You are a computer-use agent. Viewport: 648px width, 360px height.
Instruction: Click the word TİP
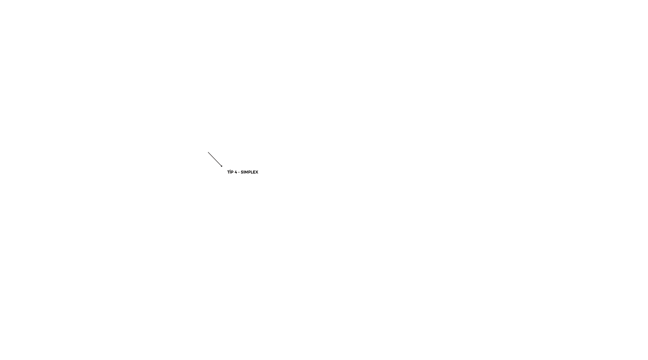pos(230,172)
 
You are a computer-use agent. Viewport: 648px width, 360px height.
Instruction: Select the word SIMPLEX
pos(249,172)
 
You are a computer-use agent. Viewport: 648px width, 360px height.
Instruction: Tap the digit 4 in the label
pos(236,172)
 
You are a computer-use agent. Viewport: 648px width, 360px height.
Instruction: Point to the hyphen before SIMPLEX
pos(239,173)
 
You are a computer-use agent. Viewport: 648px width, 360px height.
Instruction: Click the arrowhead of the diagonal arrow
pos(221,166)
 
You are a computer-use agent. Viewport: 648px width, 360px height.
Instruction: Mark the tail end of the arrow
pos(208,152)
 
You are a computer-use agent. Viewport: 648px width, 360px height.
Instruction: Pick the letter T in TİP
pos(228,172)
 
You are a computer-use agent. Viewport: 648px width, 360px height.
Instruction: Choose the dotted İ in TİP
pos(231,172)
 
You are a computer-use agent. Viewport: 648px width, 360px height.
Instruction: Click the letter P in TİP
pos(232,172)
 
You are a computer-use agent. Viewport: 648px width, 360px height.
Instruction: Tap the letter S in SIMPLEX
pos(242,172)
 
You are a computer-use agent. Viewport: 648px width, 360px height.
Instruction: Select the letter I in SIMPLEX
pos(244,172)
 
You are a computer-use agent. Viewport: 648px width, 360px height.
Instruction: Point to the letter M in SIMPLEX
pos(246,172)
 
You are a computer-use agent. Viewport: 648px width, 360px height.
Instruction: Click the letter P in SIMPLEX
pos(250,172)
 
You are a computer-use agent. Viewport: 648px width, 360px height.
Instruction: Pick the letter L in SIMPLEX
pos(252,172)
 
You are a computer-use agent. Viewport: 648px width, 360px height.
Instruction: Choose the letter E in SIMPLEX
pos(254,172)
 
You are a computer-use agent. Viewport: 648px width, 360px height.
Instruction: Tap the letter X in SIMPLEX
pos(257,172)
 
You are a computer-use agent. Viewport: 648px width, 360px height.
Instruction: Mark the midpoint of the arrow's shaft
pos(215,159)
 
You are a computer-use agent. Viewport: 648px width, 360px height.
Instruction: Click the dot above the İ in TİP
pos(231,170)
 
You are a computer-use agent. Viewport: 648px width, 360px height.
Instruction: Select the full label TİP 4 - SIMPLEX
pos(243,172)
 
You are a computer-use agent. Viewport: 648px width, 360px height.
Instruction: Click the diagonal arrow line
pos(215,159)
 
